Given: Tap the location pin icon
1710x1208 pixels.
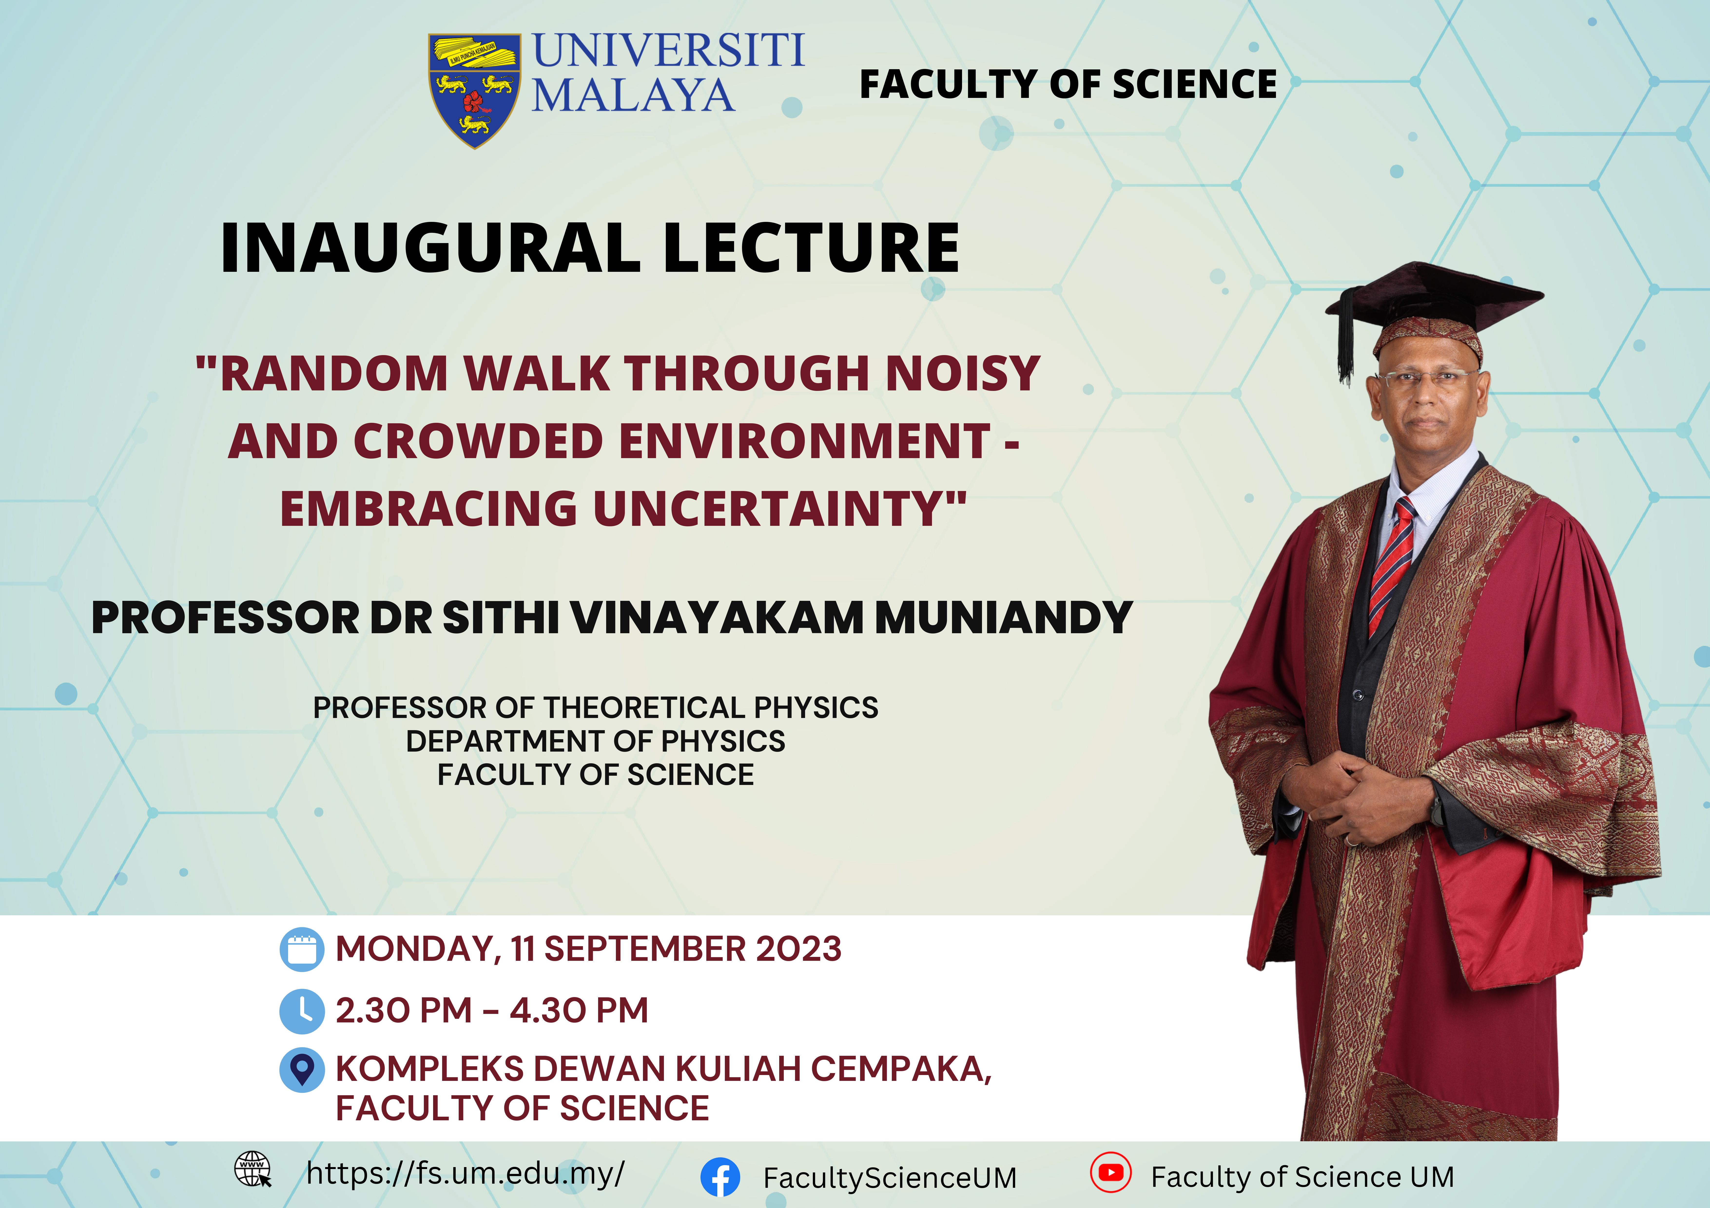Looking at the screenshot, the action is (x=302, y=1070).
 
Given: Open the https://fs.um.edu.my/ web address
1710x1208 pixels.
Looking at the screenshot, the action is (x=466, y=1174).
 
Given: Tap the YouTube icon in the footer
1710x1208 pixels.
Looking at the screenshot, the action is (x=1110, y=1173).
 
